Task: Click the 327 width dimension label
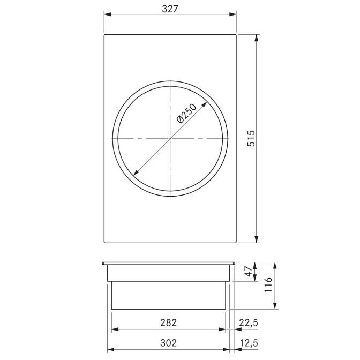170,9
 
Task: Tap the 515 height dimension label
251,138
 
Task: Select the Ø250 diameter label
186,114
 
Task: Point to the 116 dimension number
268,284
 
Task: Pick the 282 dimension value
169,322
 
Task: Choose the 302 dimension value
169,343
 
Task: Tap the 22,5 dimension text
249,323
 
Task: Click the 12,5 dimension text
249,343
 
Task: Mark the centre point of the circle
170,138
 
